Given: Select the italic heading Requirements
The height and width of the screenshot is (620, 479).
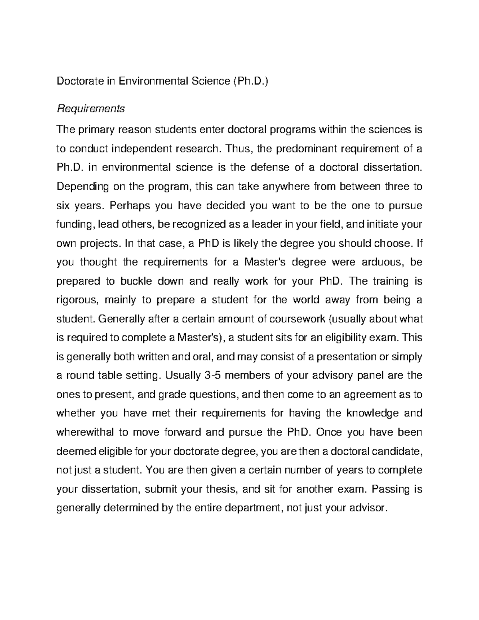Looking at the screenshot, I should [91, 108].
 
